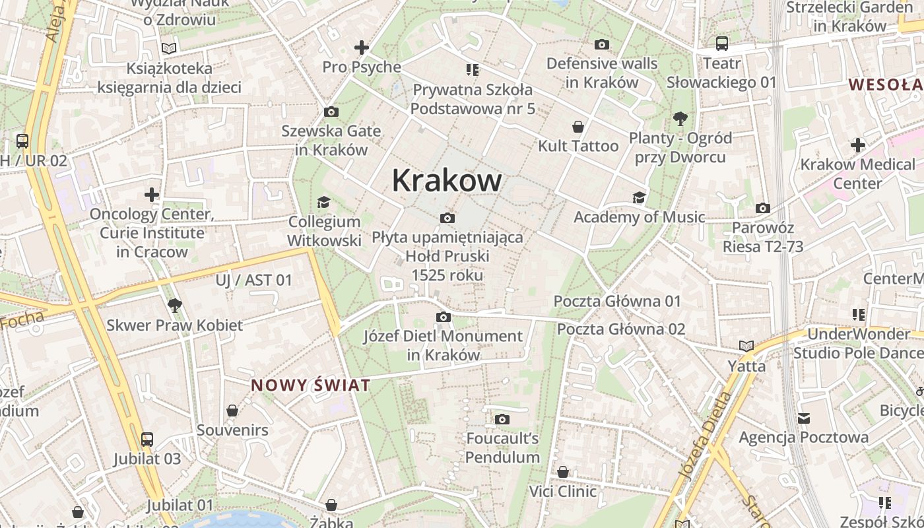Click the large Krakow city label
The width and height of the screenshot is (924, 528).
(447, 180)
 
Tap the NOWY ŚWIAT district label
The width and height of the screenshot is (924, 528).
(310, 385)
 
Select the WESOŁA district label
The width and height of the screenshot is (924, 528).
(885, 84)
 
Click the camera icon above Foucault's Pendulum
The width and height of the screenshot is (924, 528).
(502, 419)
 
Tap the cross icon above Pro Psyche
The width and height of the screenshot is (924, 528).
(361, 48)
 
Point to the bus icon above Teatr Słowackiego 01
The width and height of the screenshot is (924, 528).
(722, 44)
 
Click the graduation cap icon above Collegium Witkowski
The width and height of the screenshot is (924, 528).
(323, 202)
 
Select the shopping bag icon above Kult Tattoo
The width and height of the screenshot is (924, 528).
(578, 126)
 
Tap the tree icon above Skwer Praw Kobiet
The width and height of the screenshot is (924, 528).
(174, 305)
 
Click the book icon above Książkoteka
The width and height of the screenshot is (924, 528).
(169, 48)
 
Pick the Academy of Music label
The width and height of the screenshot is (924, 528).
(639, 217)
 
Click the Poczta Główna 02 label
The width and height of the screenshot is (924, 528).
(621, 329)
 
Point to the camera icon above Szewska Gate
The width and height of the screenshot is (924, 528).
(331, 112)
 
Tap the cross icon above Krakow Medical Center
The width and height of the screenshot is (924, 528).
(857, 145)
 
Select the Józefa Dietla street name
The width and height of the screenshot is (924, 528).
(704, 434)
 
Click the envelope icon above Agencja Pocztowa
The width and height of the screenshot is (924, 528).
(803, 418)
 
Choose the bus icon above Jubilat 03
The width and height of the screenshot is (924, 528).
(147, 439)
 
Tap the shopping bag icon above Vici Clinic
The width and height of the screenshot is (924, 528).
(563, 472)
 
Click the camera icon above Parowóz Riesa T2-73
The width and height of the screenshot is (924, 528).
(763, 208)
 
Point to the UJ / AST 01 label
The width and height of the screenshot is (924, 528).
(253, 280)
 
